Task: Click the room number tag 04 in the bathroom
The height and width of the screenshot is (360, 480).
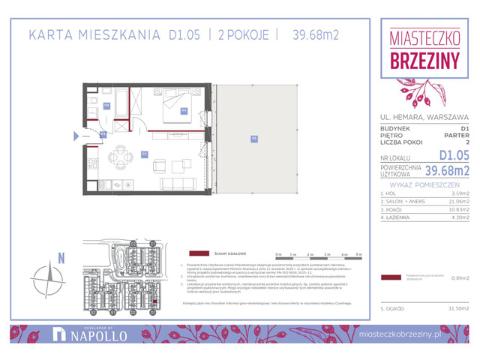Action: tap(106, 105)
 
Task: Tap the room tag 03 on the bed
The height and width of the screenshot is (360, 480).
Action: tap(184, 110)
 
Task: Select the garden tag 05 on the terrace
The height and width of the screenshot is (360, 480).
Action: tap(254, 137)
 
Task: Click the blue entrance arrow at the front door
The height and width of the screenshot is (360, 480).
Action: tap(76, 136)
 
